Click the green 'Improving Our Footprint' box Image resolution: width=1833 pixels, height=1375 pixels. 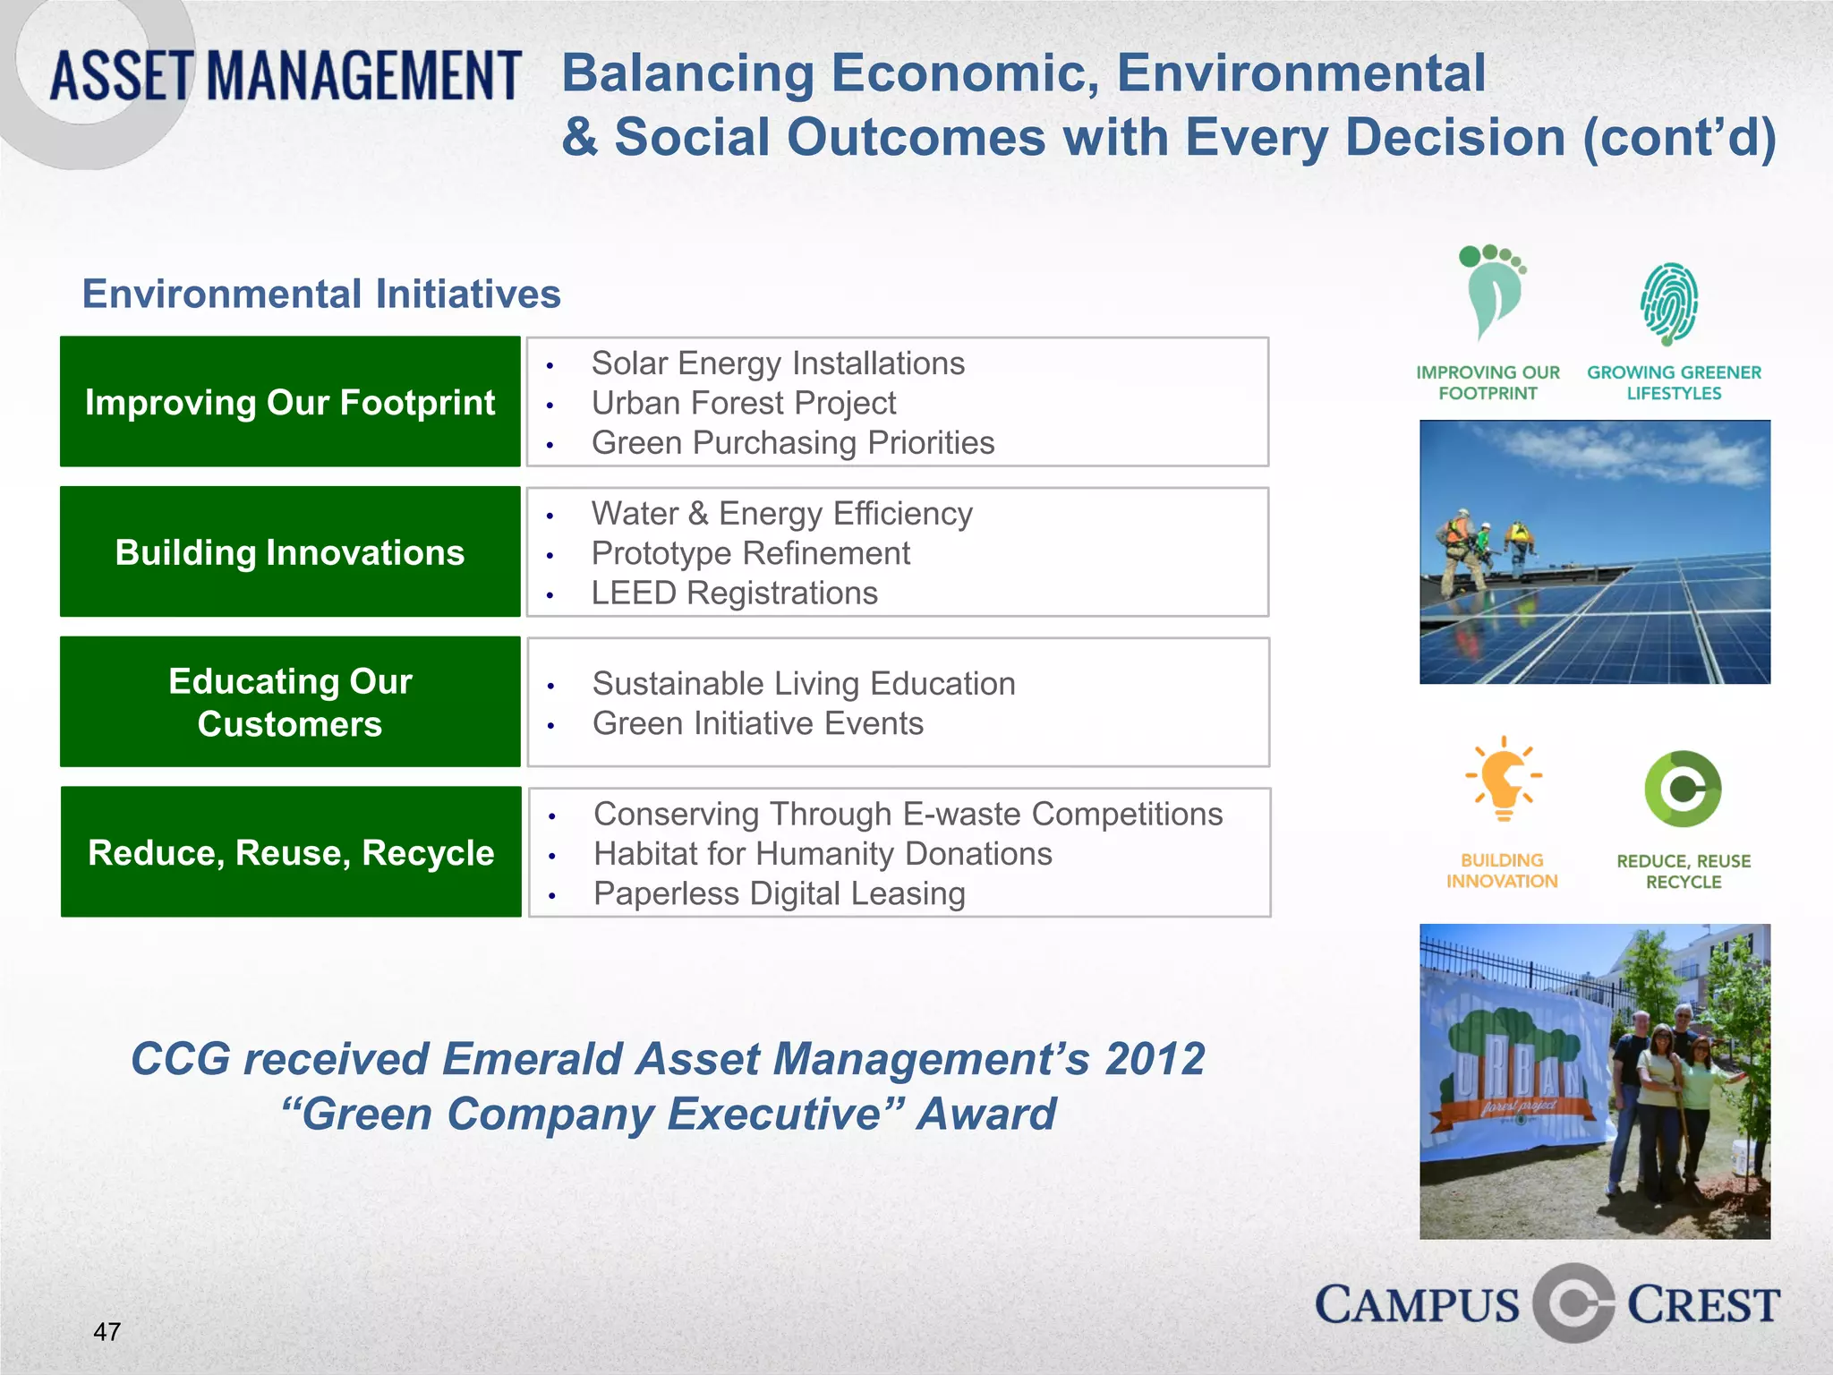coord(290,402)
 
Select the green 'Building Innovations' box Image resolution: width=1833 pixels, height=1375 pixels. coord(290,552)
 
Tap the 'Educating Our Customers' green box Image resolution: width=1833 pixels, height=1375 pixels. coord(290,702)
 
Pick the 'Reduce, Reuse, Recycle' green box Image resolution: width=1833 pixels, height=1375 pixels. coord(290,852)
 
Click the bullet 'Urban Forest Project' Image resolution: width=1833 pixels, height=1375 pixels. coord(743,403)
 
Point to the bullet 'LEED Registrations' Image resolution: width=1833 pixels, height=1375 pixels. coord(734,593)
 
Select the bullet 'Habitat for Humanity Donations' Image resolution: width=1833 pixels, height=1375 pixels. coord(822,854)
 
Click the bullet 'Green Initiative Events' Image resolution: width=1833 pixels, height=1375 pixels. coord(757,723)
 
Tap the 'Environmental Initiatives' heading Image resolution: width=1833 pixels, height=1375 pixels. coord(321,294)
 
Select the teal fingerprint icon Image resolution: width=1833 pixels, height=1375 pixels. coord(1669,303)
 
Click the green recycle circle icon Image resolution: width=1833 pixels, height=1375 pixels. coord(1683,789)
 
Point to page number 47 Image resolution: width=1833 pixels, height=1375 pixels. coord(107,1332)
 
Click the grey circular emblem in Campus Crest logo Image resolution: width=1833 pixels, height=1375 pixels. coord(1573,1303)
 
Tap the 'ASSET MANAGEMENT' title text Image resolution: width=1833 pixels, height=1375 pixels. coord(285,76)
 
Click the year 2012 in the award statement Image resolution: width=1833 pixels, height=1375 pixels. coord(1155,1059)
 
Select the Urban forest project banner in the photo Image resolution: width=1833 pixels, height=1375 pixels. coord(1513,1074)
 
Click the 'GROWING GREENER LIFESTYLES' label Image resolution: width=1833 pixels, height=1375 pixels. coord(1674,382)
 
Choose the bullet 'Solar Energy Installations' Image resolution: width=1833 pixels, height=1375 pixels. coord(777,363)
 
